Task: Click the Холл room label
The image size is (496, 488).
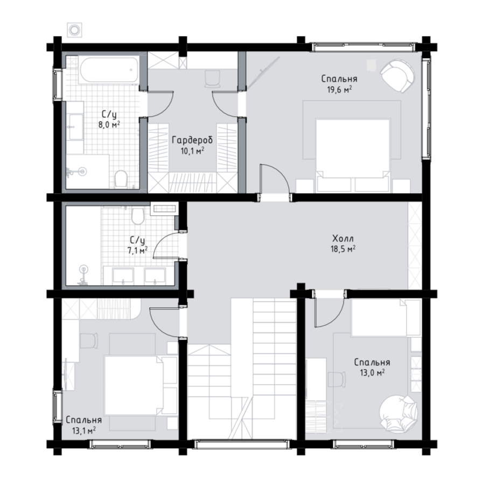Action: [x=343, y=238]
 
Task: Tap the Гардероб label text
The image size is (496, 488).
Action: [x=192, y=140]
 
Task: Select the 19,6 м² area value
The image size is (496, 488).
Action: [x=339, y=89]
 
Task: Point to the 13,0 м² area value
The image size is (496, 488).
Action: [x=372, y=373]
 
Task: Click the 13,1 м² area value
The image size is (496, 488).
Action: [x=84, y=430]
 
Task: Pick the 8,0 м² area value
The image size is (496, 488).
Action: [x=109, y=124]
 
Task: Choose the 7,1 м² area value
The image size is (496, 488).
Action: [x=137, y=251]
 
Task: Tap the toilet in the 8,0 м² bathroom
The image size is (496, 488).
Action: [x=121, y=179]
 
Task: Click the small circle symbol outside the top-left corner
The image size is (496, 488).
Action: [x=75, y=30]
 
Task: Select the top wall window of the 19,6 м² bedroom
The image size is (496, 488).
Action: [x=363, y=47]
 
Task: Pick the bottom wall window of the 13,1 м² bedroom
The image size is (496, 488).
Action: [x=120, y=444]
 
